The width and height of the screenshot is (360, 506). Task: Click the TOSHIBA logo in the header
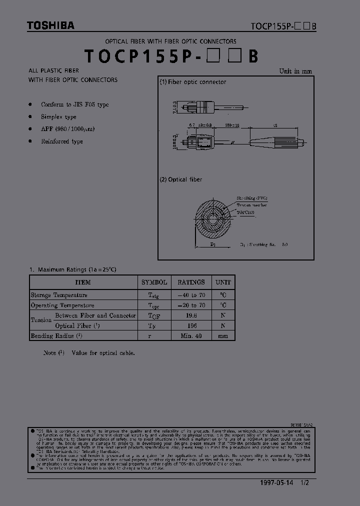50,25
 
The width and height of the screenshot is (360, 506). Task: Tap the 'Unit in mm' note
295,71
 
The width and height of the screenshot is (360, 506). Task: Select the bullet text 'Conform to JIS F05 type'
75,104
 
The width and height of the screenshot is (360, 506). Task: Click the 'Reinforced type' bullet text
62,141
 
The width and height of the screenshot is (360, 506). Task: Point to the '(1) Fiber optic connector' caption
193,82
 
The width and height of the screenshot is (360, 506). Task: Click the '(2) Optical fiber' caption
181,179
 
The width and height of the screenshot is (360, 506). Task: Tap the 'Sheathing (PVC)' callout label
252,198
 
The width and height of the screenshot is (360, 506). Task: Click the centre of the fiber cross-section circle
212,220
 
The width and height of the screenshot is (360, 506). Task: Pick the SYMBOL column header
154,282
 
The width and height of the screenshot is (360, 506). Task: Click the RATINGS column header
191,282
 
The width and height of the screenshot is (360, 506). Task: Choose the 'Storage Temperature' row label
59,295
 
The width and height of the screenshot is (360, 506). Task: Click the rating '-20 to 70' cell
191,305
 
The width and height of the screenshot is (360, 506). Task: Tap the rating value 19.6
191,316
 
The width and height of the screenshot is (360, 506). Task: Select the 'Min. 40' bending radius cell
191,336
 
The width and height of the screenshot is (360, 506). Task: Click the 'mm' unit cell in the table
223,336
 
